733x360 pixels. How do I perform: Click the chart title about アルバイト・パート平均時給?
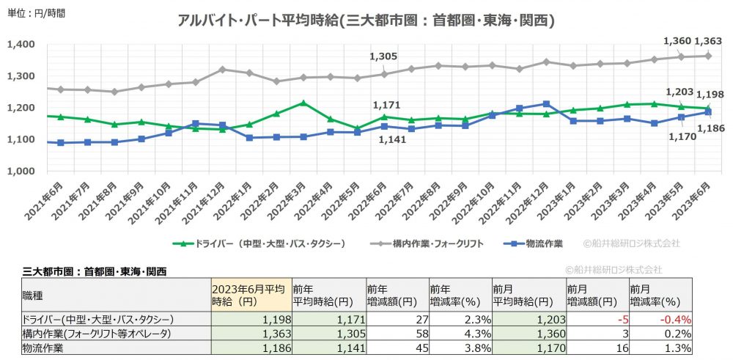tap(366, 21)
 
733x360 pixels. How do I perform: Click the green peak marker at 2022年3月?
tap(303, 103)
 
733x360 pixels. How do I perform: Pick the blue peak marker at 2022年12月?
tap(543, 104)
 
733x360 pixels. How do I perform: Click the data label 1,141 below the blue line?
tap(388, 140)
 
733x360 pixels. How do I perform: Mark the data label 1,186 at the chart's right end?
tap(710, 128)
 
